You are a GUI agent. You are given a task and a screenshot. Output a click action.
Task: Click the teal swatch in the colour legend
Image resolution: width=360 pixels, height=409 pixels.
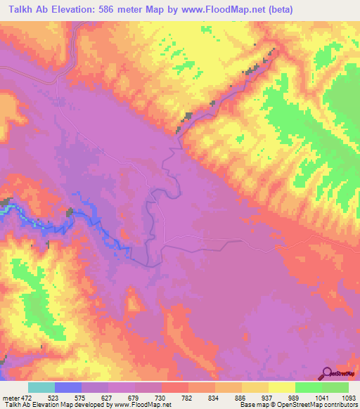pos(41,388)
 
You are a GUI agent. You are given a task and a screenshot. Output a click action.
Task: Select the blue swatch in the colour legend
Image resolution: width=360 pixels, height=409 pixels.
pos(68,388)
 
